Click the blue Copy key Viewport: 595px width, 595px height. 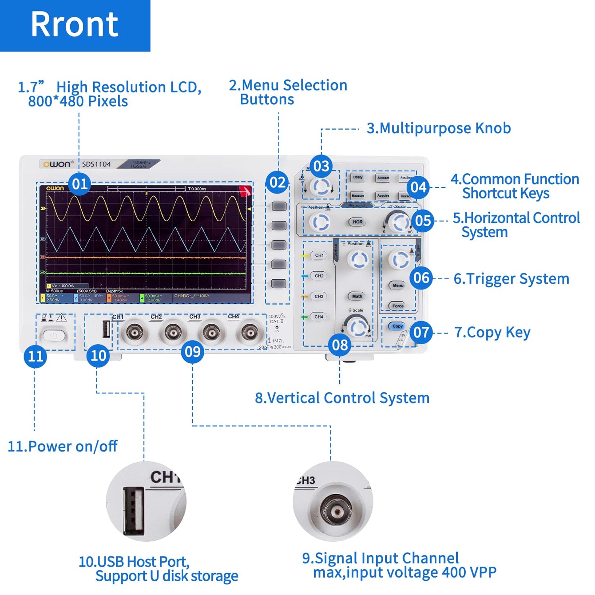(397, 326)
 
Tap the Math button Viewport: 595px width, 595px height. (357, 296)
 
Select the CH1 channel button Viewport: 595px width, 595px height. (319, 255)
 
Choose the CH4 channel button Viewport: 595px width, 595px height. (319, 317)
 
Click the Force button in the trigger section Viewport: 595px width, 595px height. (397, 306)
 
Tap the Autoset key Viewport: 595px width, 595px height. (383, 178)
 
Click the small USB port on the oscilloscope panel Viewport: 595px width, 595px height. (106, 329)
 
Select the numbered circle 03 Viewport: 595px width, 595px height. (321, 166)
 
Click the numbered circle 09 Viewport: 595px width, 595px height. (193, 351)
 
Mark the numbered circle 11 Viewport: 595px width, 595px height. (35, 356)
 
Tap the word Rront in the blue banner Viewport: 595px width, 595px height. (75, 25)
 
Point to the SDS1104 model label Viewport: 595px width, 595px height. (96, 164)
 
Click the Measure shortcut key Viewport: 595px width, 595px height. (358, 196)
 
